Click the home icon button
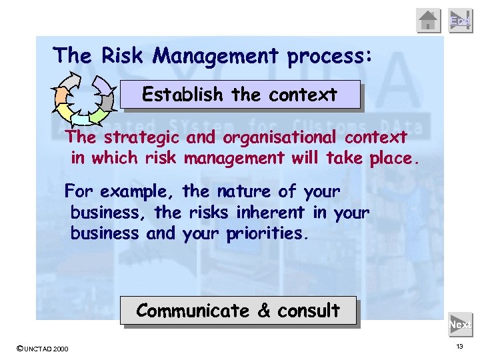[429, 21]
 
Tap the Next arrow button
[461, 325]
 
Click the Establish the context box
[240, 95]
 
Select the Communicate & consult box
[238, 311]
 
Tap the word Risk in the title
[123, 55]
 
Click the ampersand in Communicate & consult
[263, 311]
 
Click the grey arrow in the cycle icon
[105, 101]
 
